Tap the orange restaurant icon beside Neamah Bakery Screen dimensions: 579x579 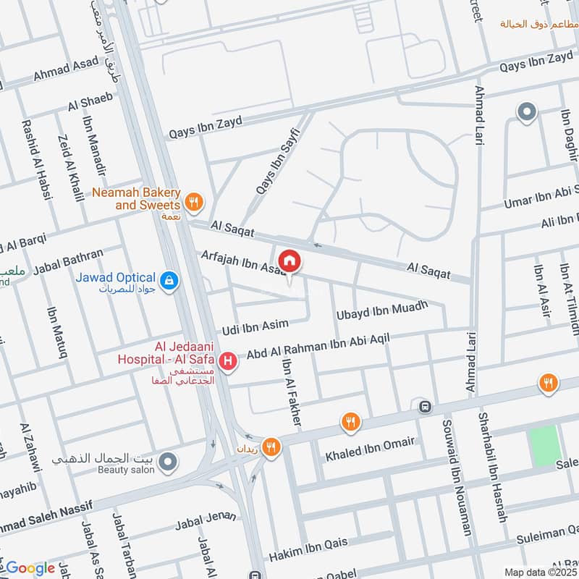click(x=193, y=203)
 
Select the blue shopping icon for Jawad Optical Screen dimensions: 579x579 click(x=169, y=280)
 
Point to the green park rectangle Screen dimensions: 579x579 click(x=544, y=445)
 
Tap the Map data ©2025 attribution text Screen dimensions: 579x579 click(x=541, y=572)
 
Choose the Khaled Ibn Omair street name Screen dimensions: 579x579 click(x=370, y=449)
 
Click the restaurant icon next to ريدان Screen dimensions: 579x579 click(x=271, y=447)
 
